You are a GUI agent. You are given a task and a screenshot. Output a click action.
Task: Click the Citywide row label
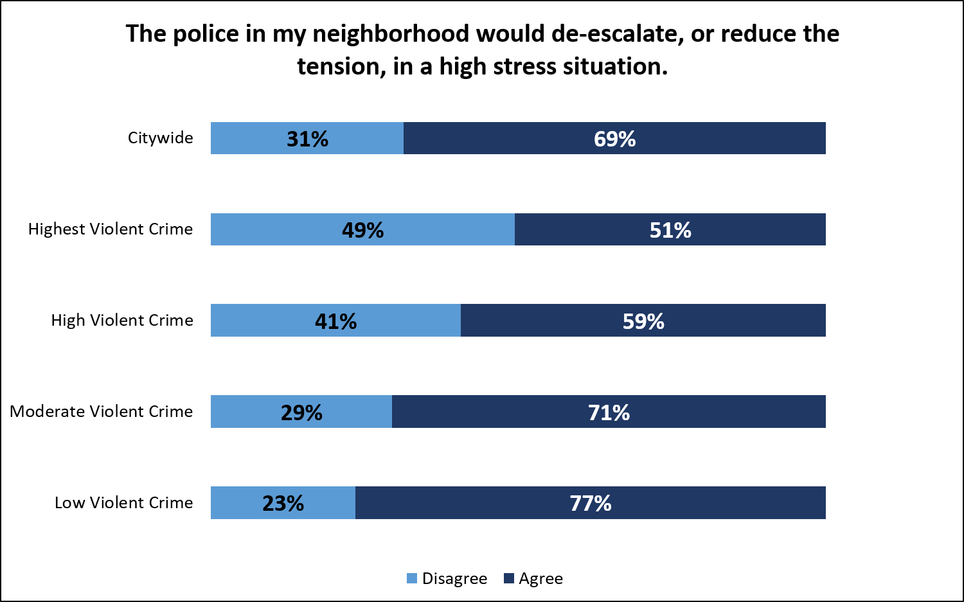click(160, 138)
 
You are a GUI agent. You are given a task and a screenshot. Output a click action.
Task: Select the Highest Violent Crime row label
click(111, 229)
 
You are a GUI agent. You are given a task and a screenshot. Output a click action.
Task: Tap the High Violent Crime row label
click(122, 321)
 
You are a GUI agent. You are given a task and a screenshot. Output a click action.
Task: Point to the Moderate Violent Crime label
click(102, 412)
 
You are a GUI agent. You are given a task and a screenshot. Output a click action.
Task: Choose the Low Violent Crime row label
click(123, 503)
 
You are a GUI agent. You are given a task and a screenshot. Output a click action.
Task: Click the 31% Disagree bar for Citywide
click(307, 138)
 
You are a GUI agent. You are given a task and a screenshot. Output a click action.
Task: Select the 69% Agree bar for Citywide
click(614, 138)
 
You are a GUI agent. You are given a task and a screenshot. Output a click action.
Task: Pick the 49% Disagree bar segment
click(362, 229)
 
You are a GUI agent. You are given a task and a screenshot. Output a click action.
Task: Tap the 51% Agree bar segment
click(670, 229)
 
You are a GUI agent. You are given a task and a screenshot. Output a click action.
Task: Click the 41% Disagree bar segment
click(335, 321)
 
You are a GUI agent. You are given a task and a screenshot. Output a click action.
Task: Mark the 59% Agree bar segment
click(643, 321)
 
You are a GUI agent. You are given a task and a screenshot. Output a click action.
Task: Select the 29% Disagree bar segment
click(301, 412)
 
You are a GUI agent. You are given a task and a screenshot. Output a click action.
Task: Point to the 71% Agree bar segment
click(609, 412)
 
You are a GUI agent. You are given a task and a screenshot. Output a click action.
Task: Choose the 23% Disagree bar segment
click(283, 503)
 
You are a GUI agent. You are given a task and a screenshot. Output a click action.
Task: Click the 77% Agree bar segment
click(590, 503)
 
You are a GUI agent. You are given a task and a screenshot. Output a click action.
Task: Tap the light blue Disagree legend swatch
click(412, 579)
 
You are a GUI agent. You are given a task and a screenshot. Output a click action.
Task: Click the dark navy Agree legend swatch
click(509, 579)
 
